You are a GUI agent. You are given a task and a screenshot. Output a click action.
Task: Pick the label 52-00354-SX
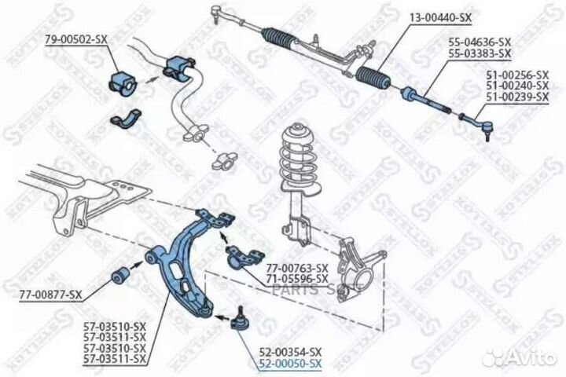(290, 351)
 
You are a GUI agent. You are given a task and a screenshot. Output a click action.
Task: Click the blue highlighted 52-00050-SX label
(290, 362)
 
